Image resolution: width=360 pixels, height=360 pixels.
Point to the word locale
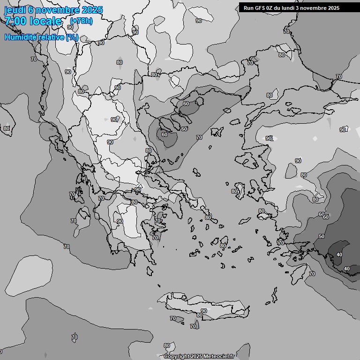pos(46,21)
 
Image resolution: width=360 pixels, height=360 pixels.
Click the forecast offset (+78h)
pos(81,21)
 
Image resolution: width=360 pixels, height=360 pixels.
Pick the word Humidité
pos(20,37)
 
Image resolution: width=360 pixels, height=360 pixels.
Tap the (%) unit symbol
pos(72,37)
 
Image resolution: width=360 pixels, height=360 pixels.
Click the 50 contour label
pos(322,236)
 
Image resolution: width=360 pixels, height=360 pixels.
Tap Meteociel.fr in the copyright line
pos(219,357)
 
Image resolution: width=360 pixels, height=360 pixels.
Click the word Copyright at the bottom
pos(177,357)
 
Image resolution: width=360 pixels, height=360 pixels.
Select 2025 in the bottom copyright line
pos(197,357)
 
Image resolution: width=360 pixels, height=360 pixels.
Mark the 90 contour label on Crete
pos(203,311)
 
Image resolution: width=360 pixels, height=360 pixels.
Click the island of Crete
pos(206,305)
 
